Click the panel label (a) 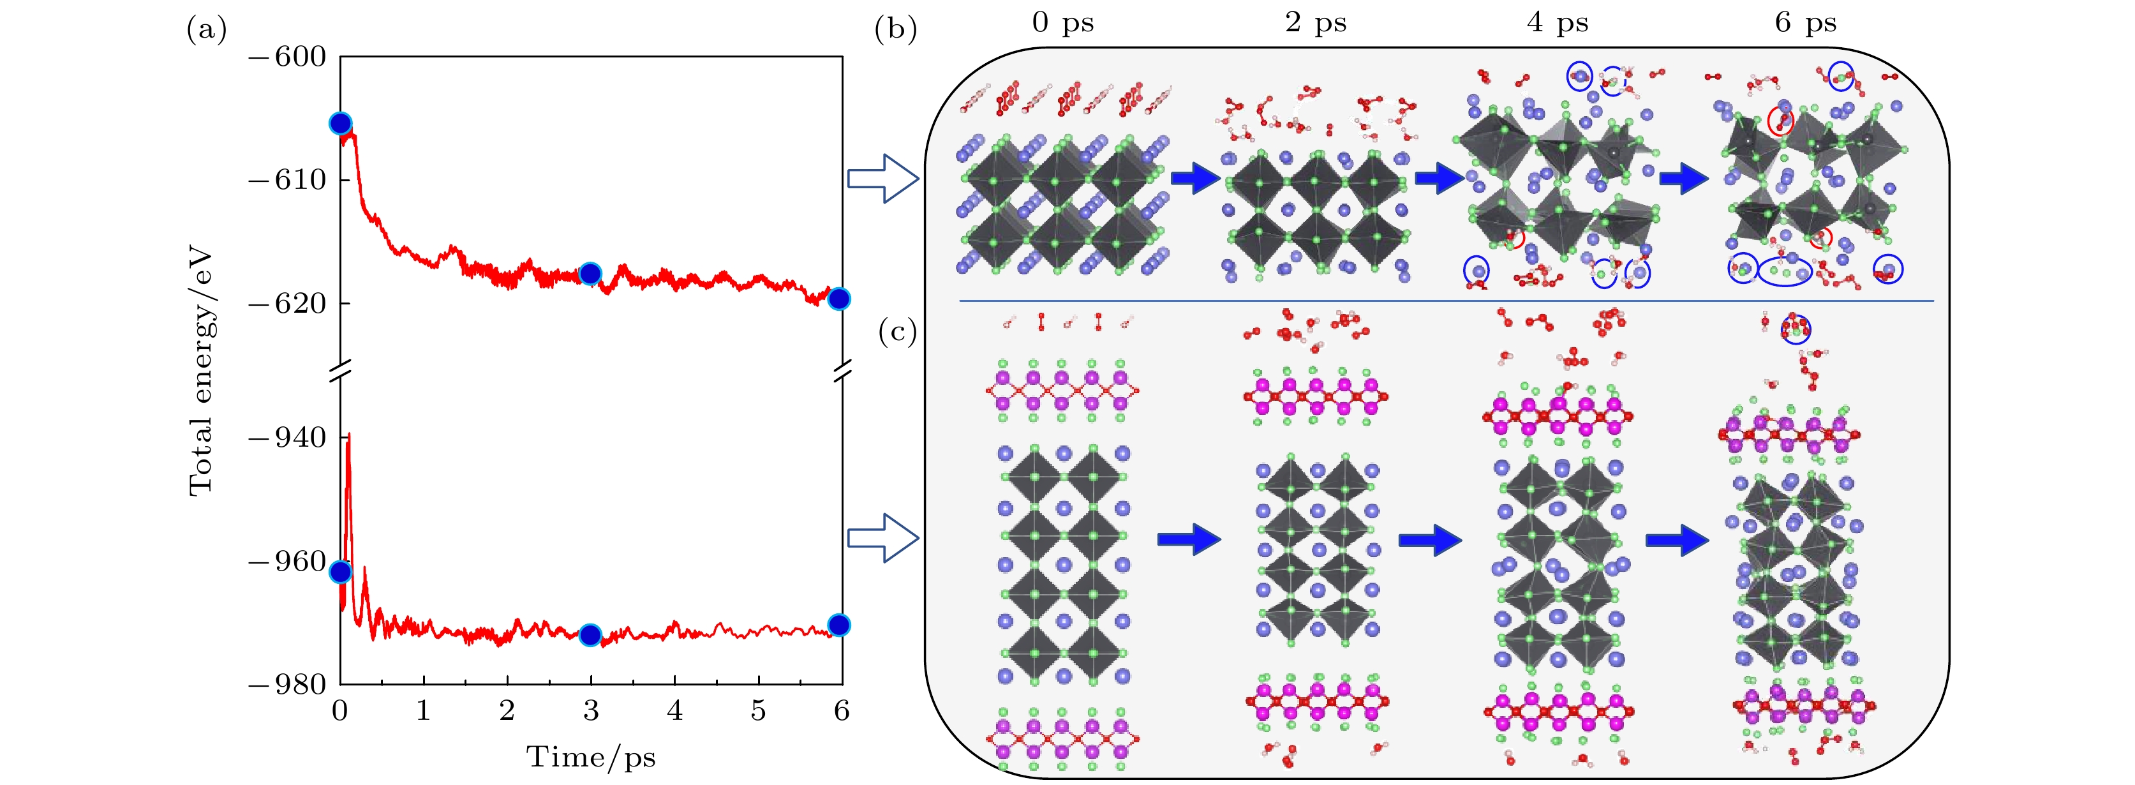(206, 31)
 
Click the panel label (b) (895, 31)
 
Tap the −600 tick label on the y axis (288, 57)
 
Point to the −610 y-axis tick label (288, 180)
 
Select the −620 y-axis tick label (288, 303)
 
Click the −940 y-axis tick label (288, 438)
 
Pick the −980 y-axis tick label (288, 685)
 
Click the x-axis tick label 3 (591, 711)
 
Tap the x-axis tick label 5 (759, 711)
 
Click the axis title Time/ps (591, 758)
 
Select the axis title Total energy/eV (202, 371)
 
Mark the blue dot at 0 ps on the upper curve (341, 124)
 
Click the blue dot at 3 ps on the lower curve (590, 636)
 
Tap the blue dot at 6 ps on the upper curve (838, 299)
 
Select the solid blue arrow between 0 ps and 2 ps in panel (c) (1189, 540)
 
